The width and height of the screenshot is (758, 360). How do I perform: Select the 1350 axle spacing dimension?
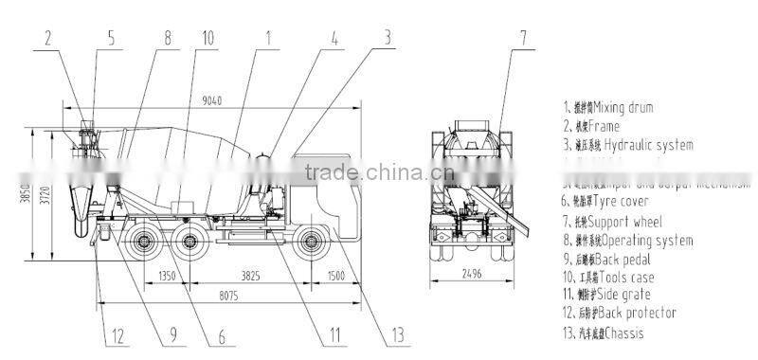tap(168, 276)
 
